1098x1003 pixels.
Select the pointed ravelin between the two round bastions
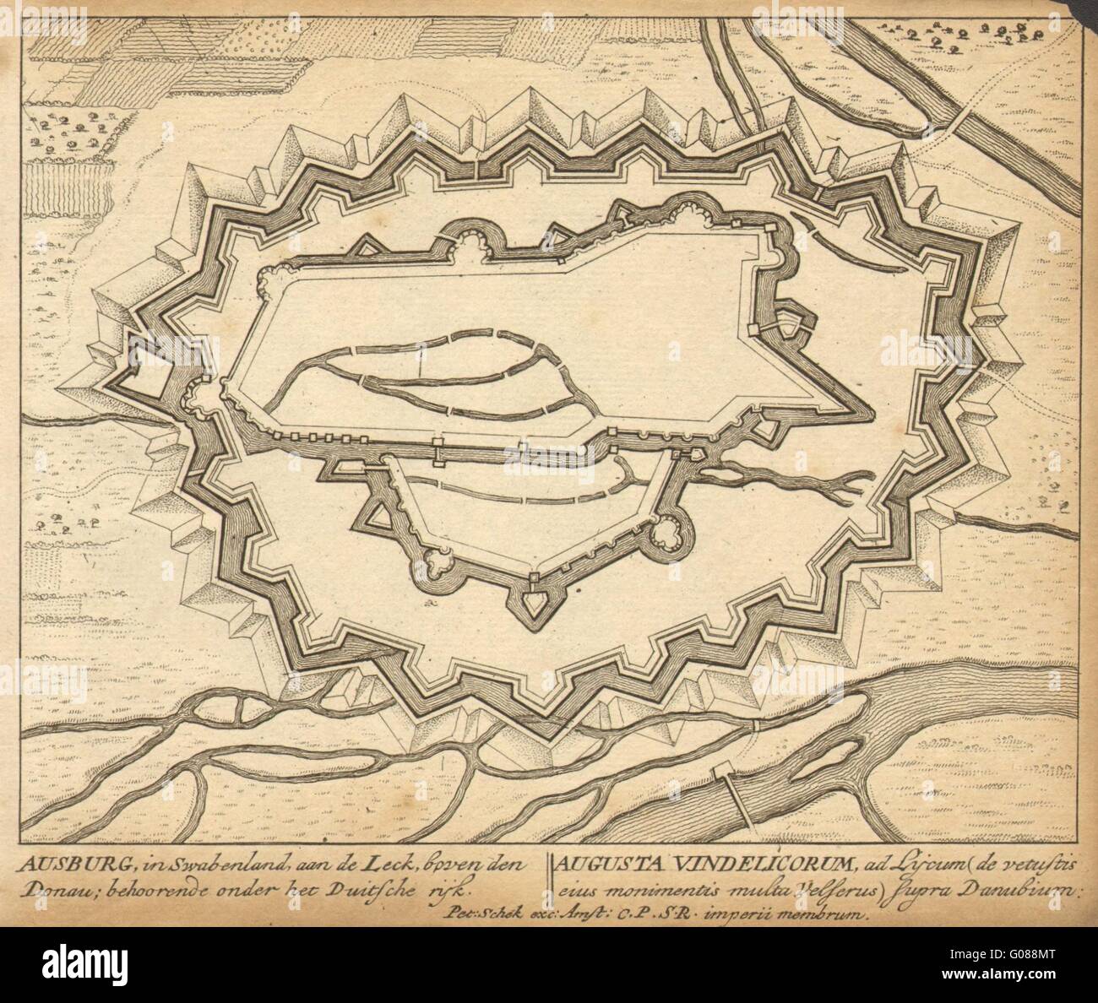tap(534, 600)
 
